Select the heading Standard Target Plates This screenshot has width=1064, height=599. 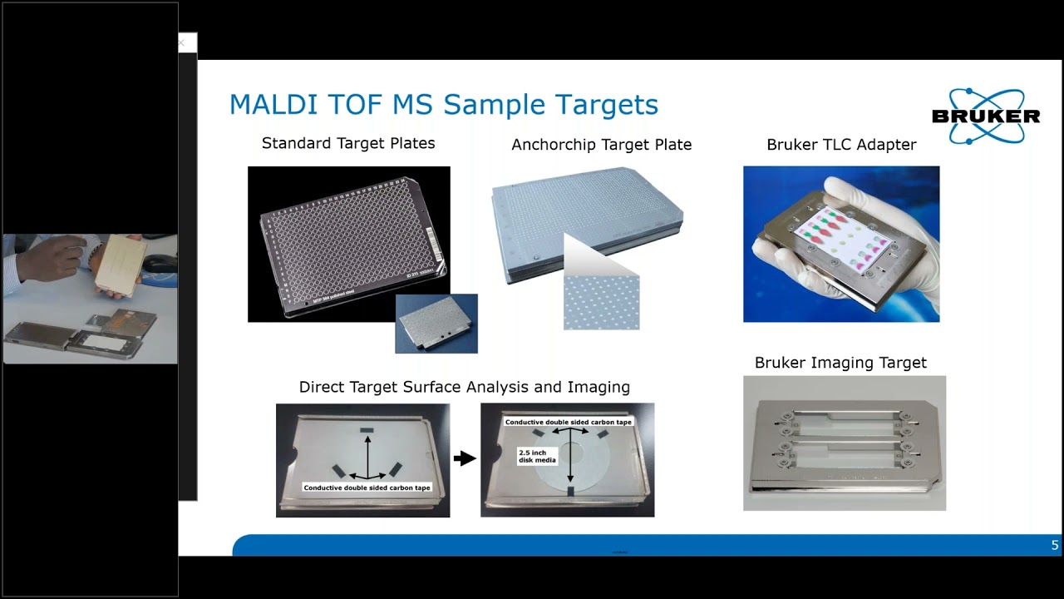(348, 143)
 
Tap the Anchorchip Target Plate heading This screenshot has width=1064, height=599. (601, 145)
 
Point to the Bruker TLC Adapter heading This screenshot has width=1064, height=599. (841, 145)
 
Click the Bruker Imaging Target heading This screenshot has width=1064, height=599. (840, 363)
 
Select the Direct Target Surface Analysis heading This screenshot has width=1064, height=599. (464, 387)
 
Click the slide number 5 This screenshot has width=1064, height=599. (1055, 546)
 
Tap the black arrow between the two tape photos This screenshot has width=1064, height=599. (465, 458)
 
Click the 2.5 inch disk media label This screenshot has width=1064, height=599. (536, 455)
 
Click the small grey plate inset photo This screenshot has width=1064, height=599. (436, 324)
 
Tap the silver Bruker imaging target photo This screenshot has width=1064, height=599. (844, 443)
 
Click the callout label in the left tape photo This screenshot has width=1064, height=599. (367, 488)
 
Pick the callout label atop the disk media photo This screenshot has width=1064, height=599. (569, 422)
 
